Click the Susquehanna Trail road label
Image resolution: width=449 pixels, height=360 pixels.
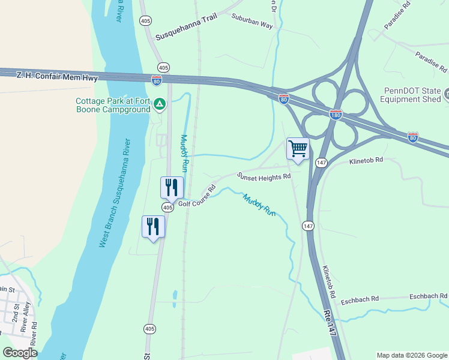186,28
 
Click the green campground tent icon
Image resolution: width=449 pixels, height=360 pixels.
159,105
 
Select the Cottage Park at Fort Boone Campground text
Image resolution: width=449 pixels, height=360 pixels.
112,105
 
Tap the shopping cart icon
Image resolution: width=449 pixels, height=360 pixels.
298,149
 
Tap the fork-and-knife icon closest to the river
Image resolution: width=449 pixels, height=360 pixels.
153,226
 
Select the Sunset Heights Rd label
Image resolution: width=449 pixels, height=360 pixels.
264,176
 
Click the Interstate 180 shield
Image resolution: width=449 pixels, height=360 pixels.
336,114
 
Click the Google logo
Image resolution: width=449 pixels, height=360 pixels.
20,353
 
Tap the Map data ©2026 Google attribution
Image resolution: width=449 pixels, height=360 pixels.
412,355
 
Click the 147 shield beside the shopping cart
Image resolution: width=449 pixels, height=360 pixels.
321,163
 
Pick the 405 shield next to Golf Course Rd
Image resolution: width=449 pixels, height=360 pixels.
167,207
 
